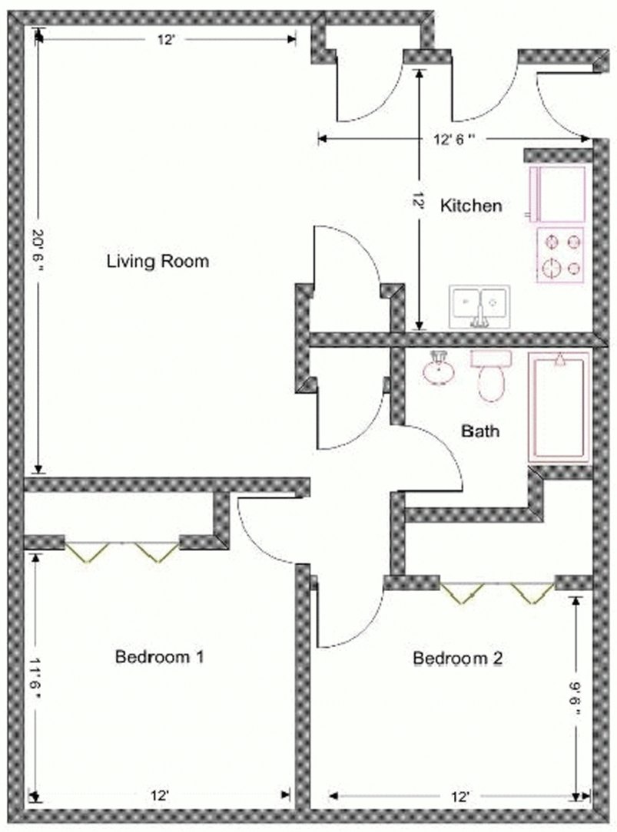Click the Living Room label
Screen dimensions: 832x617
click(158, 262)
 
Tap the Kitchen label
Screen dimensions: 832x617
click(471, 206)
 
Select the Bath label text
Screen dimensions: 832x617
click(480, 431)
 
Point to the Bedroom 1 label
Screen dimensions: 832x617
click(159, 657)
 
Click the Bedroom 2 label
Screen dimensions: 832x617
click(458, 658)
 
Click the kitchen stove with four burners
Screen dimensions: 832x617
click(560, 256)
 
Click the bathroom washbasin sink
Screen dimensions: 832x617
click(439, 369)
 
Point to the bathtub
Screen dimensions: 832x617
click(559, 407)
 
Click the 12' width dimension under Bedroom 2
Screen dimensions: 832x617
click(460, 797)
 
